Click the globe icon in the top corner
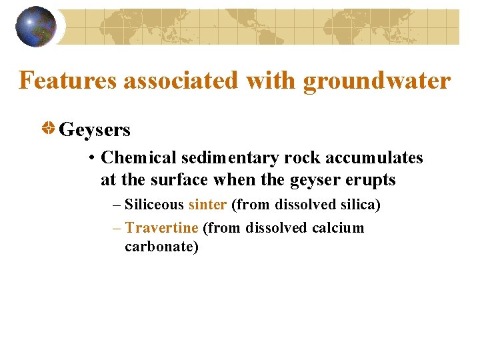tap(36, 27)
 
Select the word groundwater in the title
tap(377, 81)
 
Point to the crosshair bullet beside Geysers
tap(49, 128)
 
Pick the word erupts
tap(372, 179)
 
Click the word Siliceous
tap(154, 205)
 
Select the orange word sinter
tap(207, 205)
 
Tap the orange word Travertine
tap(161, 228)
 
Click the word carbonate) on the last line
tap(161, 247)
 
